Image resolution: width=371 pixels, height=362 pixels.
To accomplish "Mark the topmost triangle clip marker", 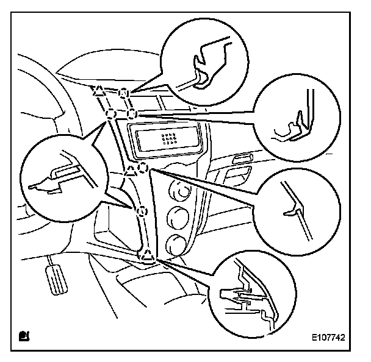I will [x=98, y=91].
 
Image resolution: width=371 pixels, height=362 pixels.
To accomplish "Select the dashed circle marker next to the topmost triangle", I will [x=124, y=93].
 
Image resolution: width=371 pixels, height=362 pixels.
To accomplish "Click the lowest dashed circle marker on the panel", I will [x=141, y=211].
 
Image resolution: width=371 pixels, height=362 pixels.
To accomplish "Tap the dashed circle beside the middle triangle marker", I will [x=143, y=167].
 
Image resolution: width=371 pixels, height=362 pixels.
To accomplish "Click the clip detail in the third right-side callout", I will [x=293, y=207].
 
